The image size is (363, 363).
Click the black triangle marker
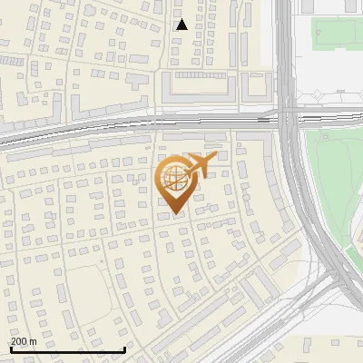click(182, 25)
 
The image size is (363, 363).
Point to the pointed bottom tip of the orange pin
click(175, 216)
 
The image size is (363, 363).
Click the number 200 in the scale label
click(19, 340)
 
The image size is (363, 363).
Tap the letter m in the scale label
click(34, 340)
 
